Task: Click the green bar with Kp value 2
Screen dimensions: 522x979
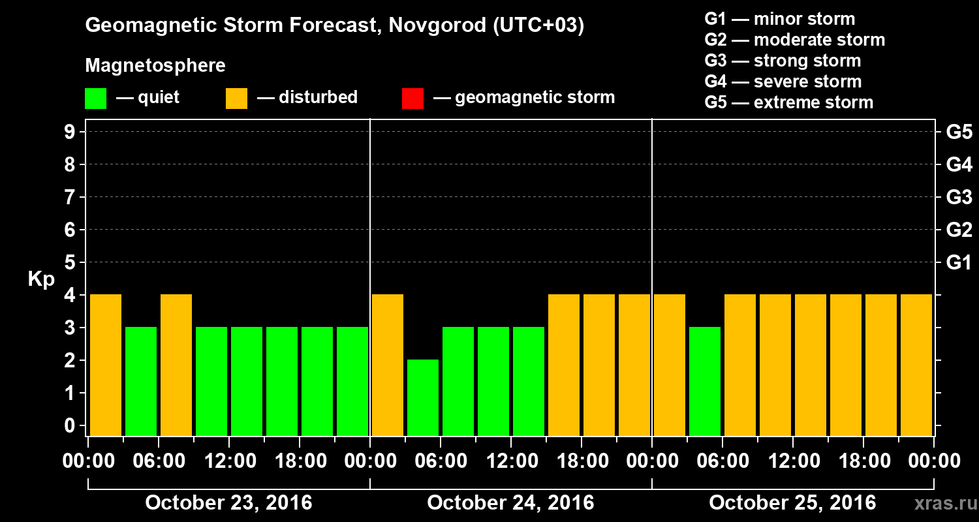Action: pos(423,397)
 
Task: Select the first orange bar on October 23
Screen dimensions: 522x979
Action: pos(106,365)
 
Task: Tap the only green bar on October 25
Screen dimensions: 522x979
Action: pos(705,381)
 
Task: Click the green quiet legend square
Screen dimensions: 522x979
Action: pos(96,98)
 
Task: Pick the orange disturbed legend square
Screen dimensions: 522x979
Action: pos(236,98)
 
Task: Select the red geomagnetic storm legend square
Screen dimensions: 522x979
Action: pos(412,98)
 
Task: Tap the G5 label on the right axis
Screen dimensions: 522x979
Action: pos(959,132)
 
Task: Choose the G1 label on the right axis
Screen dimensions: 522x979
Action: pos(959,262)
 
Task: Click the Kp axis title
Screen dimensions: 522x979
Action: pos(40,279)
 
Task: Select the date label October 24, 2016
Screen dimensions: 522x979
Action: pos(510,503)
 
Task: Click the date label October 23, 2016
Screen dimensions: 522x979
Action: pos(228,503)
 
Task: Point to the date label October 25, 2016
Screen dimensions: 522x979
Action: pos(792,503)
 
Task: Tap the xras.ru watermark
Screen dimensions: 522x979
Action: pos(941,503)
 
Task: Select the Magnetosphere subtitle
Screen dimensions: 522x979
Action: pos(155,66)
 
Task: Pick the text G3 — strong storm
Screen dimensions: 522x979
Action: pos(783,61)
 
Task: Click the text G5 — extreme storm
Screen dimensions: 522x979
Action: pos(788,102)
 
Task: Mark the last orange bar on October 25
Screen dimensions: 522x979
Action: pos(916,365)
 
